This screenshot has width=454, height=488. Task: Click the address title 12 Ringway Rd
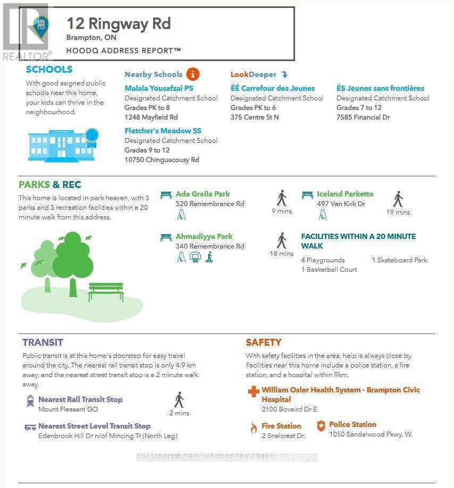pos(119,24)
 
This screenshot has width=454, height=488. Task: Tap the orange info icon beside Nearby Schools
pos(192,74)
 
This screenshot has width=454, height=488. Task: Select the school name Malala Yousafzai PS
pos(158,88)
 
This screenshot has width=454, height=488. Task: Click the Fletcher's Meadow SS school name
pos(163,131)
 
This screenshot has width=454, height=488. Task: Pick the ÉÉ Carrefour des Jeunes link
pos(272,88)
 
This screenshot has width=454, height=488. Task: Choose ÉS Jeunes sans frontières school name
pos(380,88)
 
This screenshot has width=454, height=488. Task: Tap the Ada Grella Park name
pos(203,194)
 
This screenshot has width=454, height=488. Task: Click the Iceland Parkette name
pos(345,194)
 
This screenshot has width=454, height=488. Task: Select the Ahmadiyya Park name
pos(204,236)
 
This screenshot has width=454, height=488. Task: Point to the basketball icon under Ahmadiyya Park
pos(195,258)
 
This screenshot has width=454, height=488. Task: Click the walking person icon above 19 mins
pos(398,199)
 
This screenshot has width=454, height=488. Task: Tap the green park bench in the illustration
pos(106,292)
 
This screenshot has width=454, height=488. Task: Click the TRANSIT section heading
pos(43,343)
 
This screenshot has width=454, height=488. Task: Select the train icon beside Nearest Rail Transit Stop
pos(30,401)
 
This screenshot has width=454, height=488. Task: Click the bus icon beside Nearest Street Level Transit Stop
pos(30,427)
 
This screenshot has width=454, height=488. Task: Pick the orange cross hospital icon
pos(253,392)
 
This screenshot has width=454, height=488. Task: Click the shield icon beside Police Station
pos(321,426)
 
